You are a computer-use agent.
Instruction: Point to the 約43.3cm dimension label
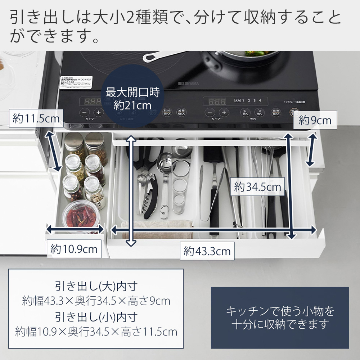[x=207, y=251]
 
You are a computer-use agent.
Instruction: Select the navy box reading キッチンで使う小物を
[x=280, y=318]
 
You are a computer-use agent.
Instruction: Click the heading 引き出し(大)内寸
[x=96, y=287]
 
